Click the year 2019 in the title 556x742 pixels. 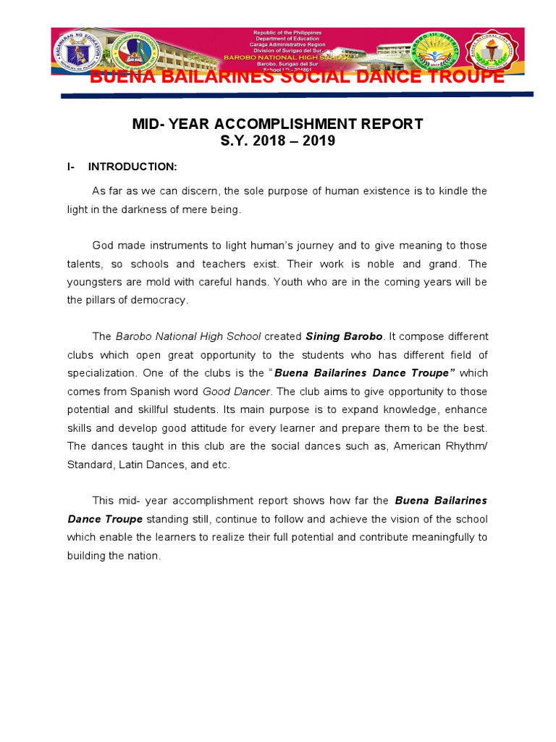click(x=319, y=141)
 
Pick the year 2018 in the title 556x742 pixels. click(x=269, y=141)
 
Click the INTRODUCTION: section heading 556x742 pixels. click(x=132, y=167)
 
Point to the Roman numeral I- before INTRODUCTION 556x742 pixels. click(x=71, y=167)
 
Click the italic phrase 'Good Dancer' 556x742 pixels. click(x=244, y=391)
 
